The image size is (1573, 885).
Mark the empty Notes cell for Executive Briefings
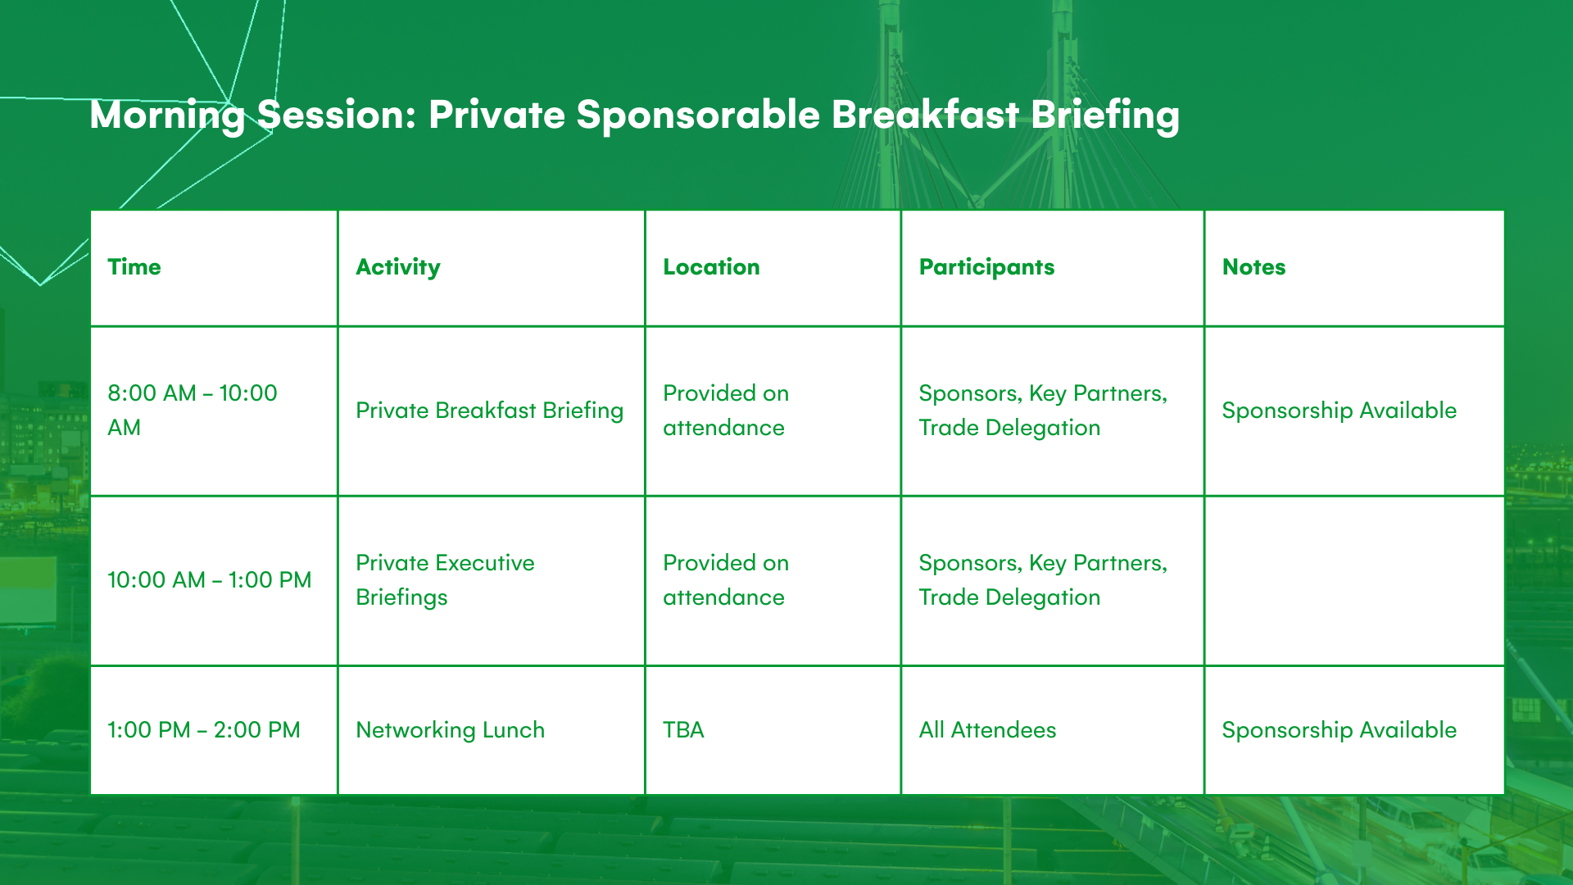(x=1354, y=581)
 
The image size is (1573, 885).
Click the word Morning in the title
(x=167, y=116)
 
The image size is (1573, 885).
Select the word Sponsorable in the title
(x=698, y=115)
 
